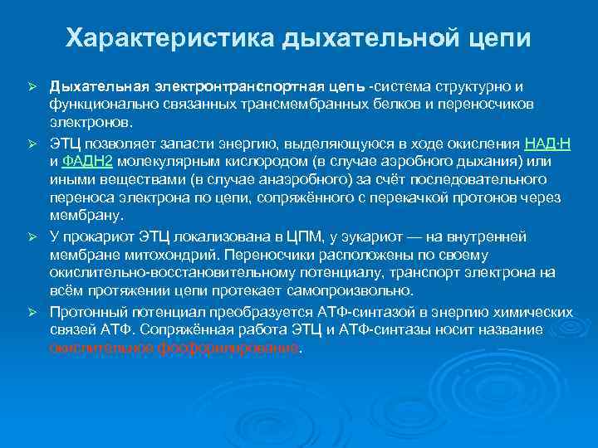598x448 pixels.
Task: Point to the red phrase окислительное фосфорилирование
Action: [173, 348]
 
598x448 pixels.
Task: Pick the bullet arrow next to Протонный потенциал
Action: [33, 313]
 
